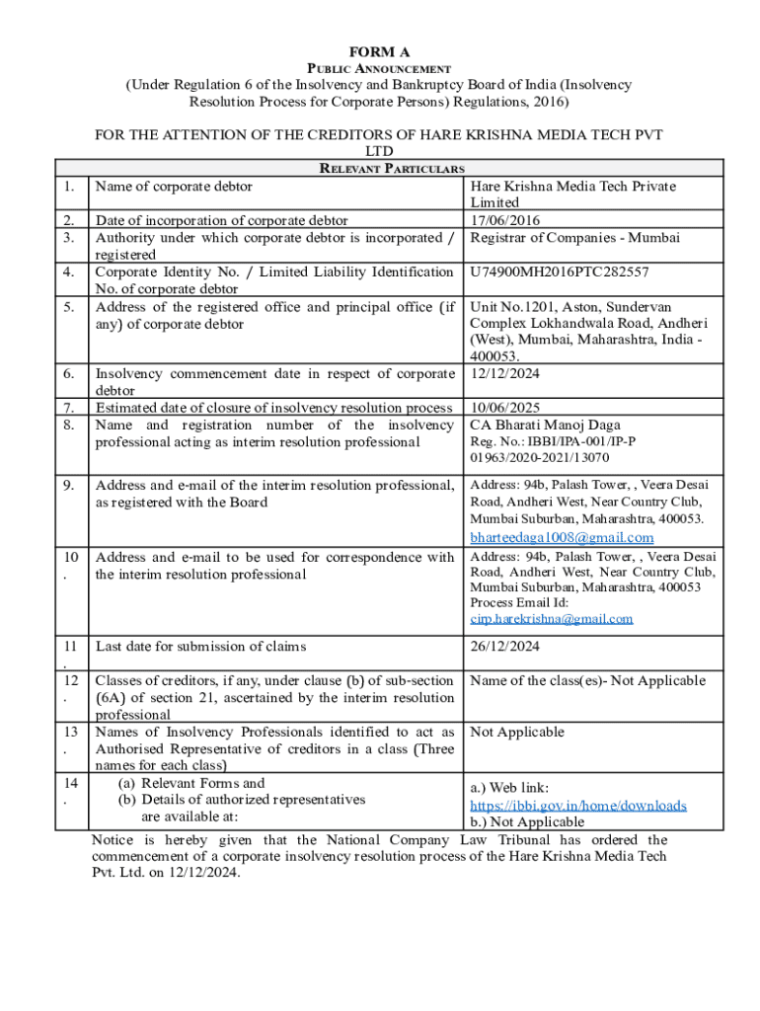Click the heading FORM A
[x=379, y=51]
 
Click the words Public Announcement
[x=379, y=68]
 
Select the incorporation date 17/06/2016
[x=505, y=220]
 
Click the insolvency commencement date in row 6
[x=504, y=373]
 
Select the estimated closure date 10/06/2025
[x=504, y=408]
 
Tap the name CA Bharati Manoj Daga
[x=546, y=425]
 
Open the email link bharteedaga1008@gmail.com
[x=562, y=537]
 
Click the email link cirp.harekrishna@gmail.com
[x=552, y=619]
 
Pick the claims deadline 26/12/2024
[x=504, y=647]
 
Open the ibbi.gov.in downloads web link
[x=578, y=806]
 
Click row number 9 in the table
[x=69, y=485]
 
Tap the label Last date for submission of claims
[x=200, y=647]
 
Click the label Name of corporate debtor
[x=174, y=186]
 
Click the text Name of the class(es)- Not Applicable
[x=588, y=680]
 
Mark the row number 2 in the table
[x=69, y=220]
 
